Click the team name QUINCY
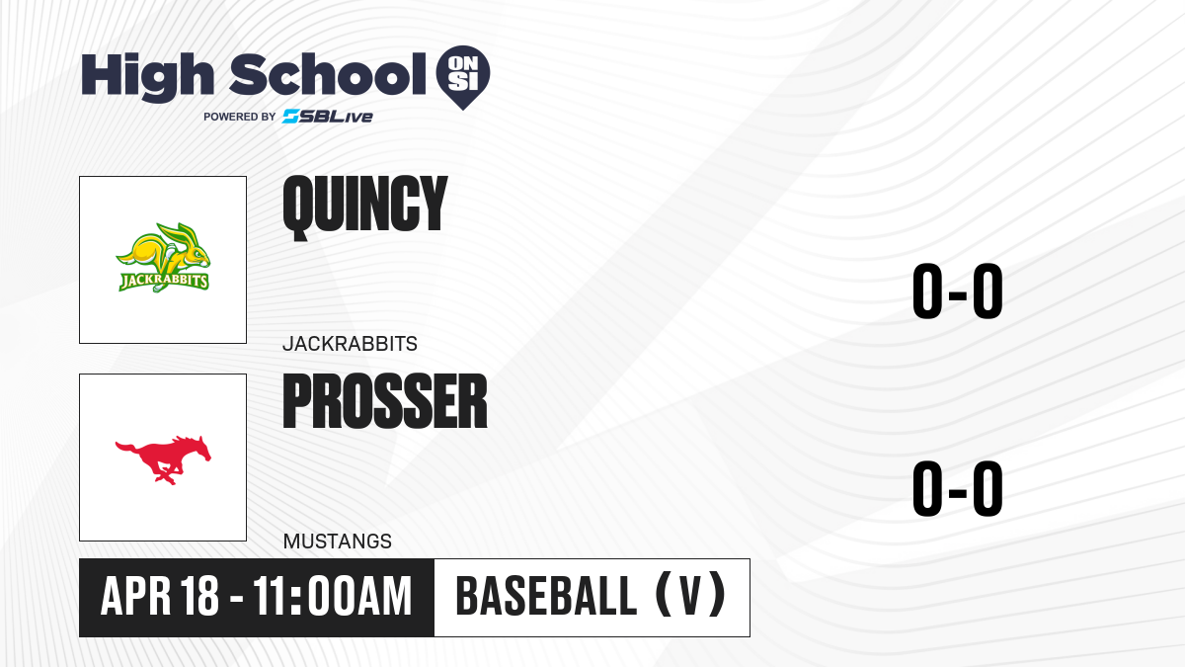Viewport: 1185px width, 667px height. pos(365,208)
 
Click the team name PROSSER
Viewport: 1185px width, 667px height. pos(385,401)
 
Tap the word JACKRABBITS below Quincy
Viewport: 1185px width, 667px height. pos(350,344)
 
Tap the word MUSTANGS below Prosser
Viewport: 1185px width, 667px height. pos(338,542)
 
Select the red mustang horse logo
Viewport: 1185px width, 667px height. pos(163,459)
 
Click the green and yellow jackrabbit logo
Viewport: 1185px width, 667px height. pos(163,257)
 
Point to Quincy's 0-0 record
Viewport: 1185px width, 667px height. pos(958,291)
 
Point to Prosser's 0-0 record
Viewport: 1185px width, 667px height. pos(958,488)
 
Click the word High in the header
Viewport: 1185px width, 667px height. pos(148,77)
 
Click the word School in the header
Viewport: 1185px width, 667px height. pos(328,74)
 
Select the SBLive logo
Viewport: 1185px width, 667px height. pos(328,117)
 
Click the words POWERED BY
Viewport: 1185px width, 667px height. pos(240,117)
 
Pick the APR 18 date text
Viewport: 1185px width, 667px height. pos(159,596)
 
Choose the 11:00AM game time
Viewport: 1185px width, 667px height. pos(332,596)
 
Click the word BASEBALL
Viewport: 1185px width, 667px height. pos(546,596)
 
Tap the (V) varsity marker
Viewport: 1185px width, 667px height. pos(690,595)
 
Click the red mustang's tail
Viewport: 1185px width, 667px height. pos(126,448)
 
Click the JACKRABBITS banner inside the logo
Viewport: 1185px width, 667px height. pos(164,281)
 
